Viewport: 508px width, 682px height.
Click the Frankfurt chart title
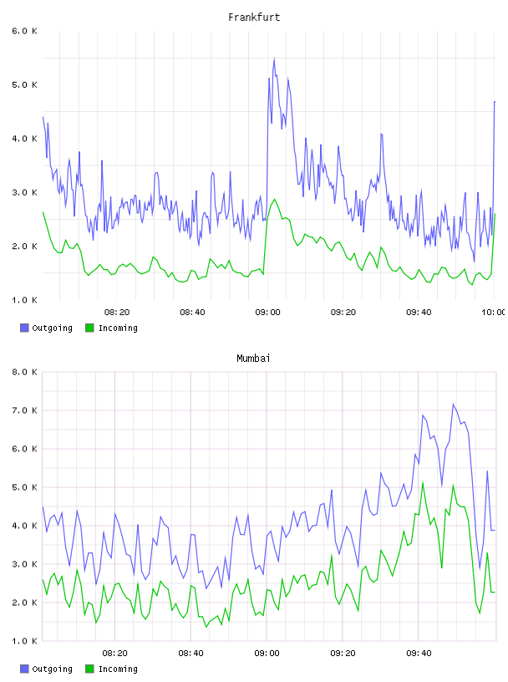click(254, 18)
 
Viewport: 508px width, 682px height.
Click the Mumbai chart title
click(253, 359)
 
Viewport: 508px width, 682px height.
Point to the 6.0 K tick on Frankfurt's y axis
click(24, 31)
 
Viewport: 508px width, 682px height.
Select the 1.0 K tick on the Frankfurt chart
click(24, 300)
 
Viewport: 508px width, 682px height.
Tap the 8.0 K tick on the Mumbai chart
click(24, 372)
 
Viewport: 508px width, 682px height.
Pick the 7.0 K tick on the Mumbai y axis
click(24, 410)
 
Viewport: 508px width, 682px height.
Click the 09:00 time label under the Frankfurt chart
click(267, 313)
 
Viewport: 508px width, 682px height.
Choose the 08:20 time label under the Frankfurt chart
click(117, 313)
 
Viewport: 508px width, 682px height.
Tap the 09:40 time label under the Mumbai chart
click(419, 654)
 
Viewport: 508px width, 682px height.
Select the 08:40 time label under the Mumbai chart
click(191, 654)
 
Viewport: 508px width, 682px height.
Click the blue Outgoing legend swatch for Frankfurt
click(24, 328)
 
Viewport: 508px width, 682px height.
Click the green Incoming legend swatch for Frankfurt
click(89, 328)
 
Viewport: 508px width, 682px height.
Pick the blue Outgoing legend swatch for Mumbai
click(24, 669)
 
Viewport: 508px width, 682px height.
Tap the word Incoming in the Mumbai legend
click(118, 669)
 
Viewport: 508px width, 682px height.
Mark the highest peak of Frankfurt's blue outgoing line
click(274, 59)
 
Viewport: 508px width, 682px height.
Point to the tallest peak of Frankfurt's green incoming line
click(274, 199)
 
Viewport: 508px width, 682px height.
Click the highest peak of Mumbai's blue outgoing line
click(453, 404)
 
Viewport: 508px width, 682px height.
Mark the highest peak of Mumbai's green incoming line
click(423, 482)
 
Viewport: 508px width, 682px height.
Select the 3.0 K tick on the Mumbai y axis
click(24, 564)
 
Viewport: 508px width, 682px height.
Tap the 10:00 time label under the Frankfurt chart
click(493, 313)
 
